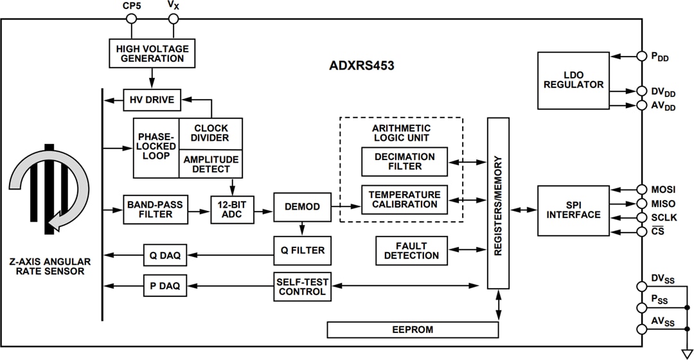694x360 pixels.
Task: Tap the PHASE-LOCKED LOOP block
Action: pyautogui.click(x=156, y=147)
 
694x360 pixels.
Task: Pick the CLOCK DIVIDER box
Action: pyautogui.click(x=211, y=132)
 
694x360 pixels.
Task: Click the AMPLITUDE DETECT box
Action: pyautogui.click(x=211, y=164)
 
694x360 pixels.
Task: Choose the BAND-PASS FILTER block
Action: pyautogui.click(x=155, y=210)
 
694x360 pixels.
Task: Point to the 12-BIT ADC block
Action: pyautogui.click(x=231, y=210)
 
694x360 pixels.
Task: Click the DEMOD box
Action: pyautogui.click(x=302, y=206)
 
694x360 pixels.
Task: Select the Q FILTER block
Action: pyautogui.click(x=302, y=250)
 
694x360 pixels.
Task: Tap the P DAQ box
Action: pyautogui.click(x=165, y=284)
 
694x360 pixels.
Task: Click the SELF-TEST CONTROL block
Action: pyautogui.click(x=302, y=287)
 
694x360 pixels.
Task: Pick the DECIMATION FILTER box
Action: pyautogui.click(x=404, y=161)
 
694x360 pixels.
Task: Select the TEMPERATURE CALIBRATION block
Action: pyautogui.click(x=404, y=199)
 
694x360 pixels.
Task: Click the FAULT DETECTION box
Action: pyautogui.click(x=411, y=251)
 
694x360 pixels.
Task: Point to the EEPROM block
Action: pyautogui.click(x=413, y=330)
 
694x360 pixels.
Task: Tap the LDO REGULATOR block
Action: pyautogui.click(x=573, y=80)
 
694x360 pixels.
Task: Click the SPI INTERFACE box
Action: pyautogui.click(x=573, y=210)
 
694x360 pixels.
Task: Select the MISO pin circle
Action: pyautogui.click(x=641, y=203)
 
